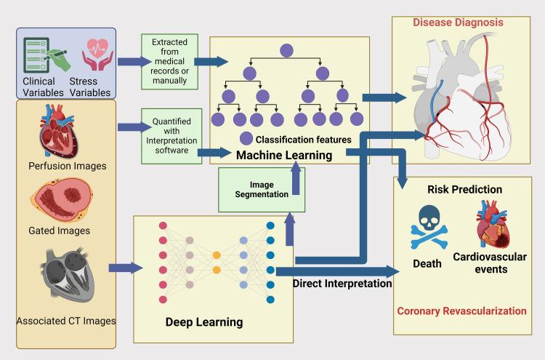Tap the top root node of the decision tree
pos(286,51)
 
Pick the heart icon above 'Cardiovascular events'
pos(492,225)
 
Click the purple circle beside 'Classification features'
pos(247,139)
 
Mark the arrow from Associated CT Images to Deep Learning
pos(125,268)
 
